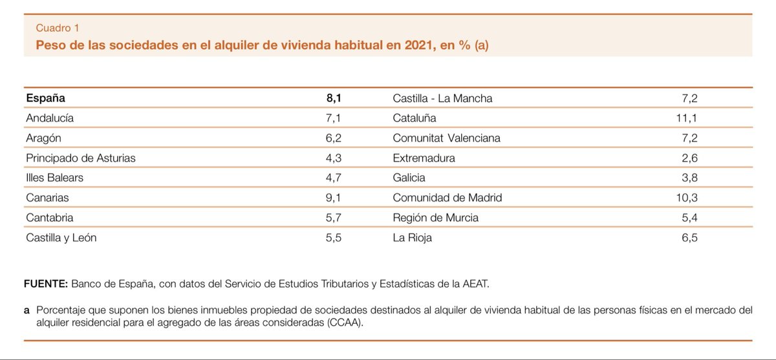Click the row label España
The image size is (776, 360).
[x=45, y=98]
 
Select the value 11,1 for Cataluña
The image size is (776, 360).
[x=687, y=118]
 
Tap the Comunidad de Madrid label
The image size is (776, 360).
[x=447, y=198]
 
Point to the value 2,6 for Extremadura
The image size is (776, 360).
[x=689, y=158]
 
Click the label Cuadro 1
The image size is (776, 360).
[x=58, y=28]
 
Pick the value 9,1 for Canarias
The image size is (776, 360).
[x=333, y=198]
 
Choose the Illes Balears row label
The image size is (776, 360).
[x=55, y=178]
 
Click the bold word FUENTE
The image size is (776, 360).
[x=46, y=284]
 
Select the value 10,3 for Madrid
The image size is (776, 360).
[x=687, y=198]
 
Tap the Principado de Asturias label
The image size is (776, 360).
[x=81, y=158]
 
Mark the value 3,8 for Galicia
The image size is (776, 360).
[x=689, y=178]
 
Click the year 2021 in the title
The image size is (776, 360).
[x=420, y=45]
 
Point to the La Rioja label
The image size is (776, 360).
[x=413, y=238]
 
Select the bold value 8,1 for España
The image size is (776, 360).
[x=334, y=98]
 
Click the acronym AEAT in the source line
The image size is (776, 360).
[x=475, y=284]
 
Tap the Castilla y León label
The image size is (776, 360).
[x=61, y=238]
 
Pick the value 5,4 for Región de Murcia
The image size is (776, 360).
[x=689, y=218]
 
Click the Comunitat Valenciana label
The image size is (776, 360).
[x=447, y=138]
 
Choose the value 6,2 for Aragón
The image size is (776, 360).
[x=333, y=138]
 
